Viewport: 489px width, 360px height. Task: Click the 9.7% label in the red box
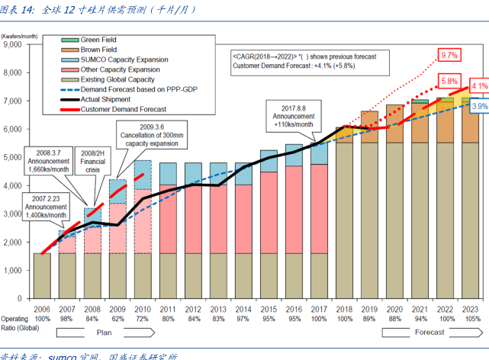pos(449,56)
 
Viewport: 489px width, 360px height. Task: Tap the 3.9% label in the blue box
pos(479,107)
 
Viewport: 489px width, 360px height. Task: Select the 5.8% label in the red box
pos(449,81)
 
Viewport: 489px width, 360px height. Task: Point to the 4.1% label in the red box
pos(479,85)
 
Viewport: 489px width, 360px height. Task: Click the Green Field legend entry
pos(100,39)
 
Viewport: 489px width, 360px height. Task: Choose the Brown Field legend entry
pos(100,49)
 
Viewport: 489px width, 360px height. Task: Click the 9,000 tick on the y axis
pos(14,45)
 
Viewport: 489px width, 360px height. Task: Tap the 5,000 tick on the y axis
pos(14,158)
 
